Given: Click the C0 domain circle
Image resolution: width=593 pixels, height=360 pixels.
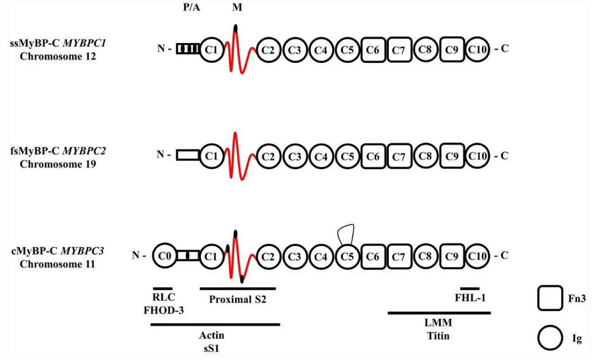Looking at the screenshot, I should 165,256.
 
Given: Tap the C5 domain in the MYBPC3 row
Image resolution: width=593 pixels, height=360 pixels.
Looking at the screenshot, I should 348,256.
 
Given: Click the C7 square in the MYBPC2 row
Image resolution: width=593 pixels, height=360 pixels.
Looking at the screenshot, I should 399,156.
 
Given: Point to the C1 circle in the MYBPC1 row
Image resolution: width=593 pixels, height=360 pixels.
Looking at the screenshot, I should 212,49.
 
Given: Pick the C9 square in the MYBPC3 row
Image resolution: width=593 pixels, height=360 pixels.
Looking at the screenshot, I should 452,256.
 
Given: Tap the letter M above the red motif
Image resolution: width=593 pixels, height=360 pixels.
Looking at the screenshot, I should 236,8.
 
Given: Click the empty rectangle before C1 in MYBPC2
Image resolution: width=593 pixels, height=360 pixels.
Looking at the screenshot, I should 188,156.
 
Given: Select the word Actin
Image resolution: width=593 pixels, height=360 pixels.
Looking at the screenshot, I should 212,336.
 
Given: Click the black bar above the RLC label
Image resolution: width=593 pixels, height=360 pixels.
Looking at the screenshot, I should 163,288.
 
